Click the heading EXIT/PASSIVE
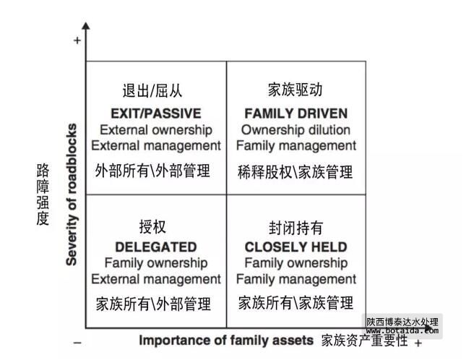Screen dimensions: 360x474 click(155, 113)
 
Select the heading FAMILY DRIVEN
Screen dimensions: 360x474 click(296, 113)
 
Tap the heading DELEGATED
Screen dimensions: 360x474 click(155, 247)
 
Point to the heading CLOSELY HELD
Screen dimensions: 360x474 click(296, 247)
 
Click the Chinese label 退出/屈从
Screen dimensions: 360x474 click(152, 91)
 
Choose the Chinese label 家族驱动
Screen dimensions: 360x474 click(295, 90)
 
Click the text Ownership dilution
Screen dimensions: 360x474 click(296, 130)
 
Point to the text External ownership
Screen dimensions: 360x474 click(156, 130)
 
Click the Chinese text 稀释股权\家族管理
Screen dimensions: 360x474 click(296, 172)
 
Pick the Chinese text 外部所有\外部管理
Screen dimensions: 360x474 click(152, 171)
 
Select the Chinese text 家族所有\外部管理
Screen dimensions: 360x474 click(153, 303)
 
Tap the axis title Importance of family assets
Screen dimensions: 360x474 click(226, 340)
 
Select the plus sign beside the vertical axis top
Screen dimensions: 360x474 click(77, 41)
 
